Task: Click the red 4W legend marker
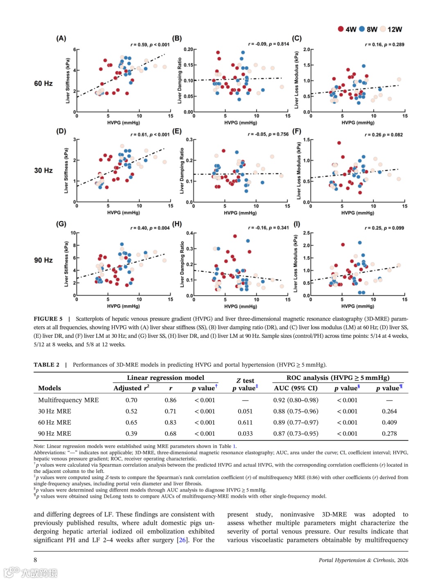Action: click(341, 29)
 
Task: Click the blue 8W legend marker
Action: click(362, 29)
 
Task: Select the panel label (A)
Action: click(61, 38)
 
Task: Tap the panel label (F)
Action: click(297, 131)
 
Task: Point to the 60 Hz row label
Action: click(43, 84)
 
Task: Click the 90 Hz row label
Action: click(43, 260)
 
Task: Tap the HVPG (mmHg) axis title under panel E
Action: click(240, 213)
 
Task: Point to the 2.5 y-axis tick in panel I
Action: click(306, 233)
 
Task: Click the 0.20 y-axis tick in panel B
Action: click(188, 50)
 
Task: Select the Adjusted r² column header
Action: click(131, 388)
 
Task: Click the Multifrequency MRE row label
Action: click(68, 400)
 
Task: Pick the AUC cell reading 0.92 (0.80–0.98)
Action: click(295, 400)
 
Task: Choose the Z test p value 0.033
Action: click(245, 433)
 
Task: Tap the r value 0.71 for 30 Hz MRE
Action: click(170, 411)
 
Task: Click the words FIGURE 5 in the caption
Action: click(48, 319)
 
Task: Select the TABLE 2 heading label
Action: click(46, 365)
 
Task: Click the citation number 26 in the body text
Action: click(182, 540)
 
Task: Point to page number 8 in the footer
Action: click(35, 560)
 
